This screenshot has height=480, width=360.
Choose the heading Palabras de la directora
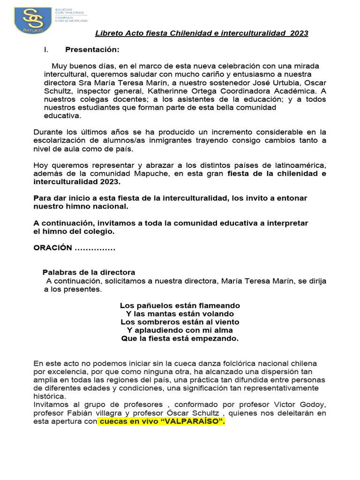click(89, 272)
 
